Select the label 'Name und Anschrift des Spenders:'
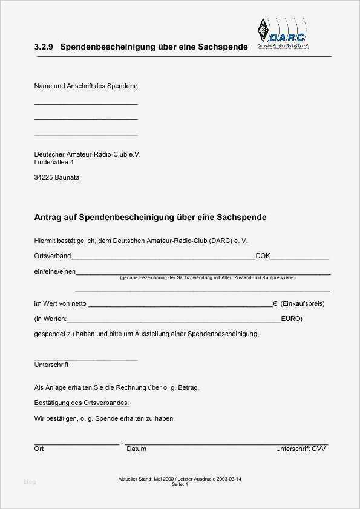click(x=86, y=86)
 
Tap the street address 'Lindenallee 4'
click(x=54, y=162)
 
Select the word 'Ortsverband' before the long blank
click(x=53, y=256)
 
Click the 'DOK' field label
click(x=263, y=256)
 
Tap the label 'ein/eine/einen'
click(x=54, y=272)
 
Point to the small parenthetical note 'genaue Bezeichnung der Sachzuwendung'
click(x=208, y=278)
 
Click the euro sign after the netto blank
click(x=275, y=303)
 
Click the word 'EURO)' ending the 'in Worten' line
click(x=292, y=319)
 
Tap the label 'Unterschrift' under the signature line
click(x=51, y=365)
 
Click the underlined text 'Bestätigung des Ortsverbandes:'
click(x=82, y=403)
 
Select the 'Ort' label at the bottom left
click(x=39, y=449)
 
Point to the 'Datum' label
click(x=136, y=449)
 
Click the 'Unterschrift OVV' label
click(x=301, y=449)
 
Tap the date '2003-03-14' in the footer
click(x=229, y=479)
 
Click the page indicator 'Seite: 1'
click(x=180, y=485)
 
